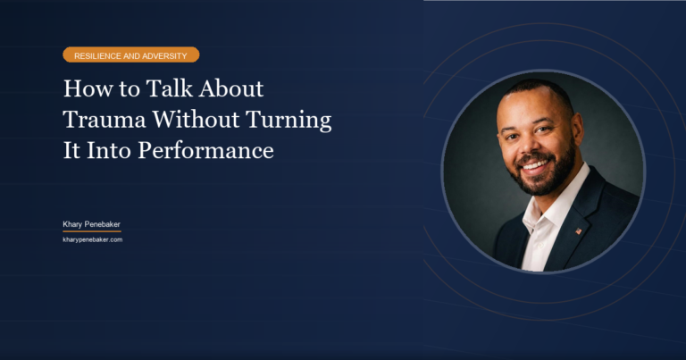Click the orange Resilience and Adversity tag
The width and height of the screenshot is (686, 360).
(x=130, y=55)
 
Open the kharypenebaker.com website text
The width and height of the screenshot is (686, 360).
(x=92, y=239)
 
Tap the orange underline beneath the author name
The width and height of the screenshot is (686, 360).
(x=92, y=231)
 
